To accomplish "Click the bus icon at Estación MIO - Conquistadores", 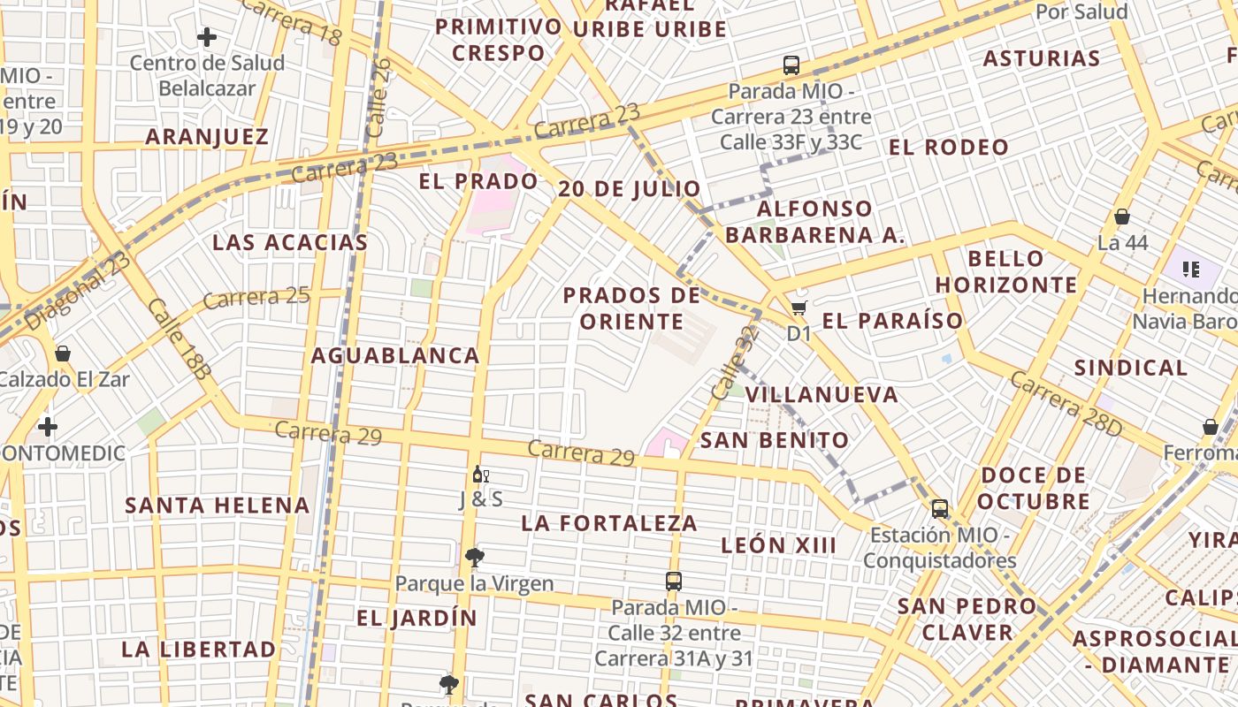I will (x=940, y=509).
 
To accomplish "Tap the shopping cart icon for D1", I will (x=799, y=308).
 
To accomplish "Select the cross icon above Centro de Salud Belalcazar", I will (x=207, y=37).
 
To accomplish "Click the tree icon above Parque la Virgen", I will (x=475, y=557).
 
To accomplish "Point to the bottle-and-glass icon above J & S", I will (x=480, y=475).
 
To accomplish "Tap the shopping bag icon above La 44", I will (x=1122, y=217).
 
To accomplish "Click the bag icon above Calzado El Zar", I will (x=63, y=353).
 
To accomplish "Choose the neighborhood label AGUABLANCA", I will (x=394, y=355).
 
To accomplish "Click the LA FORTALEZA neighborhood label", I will (x=609, y=523).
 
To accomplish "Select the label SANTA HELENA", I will (x=217, y=506).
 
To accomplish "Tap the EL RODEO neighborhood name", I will (x=948, y=148).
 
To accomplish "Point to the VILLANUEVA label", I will (x=822, y=395).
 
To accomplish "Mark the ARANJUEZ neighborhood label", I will (x=207, y=137).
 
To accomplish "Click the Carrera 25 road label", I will (x=256, y=297).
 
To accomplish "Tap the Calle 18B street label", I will (x=180, y=338).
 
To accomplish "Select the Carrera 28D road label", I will (x=1066, y=403).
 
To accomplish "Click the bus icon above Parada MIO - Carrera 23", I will (x=791, y=65).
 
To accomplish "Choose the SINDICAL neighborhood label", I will (x=1130, y=368).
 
